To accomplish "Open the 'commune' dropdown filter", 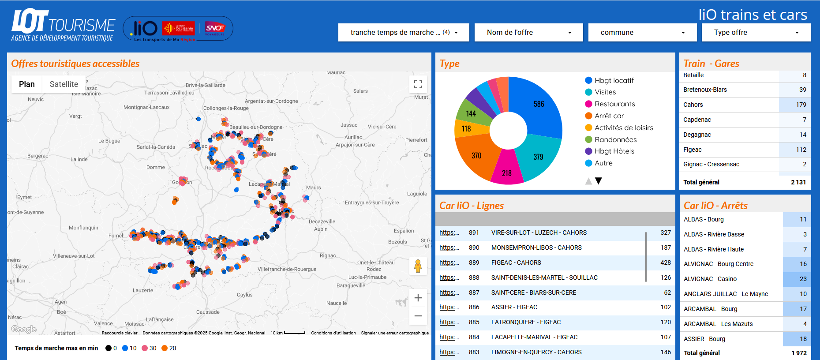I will pos(642,33).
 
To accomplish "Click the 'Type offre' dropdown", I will pos(756,33).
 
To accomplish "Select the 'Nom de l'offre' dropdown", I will pos(528,33).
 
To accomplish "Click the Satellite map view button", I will pos(64,84).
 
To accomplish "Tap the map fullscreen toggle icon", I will pos(418,84).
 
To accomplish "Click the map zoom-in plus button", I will pos(418,298).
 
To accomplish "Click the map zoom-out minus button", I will pos(418,316).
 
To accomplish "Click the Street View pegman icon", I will pos(418,266).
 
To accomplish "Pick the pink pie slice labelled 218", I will pos(507,170).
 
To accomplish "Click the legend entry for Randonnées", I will pos(615,140).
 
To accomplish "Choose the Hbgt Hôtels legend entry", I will pos(614,151).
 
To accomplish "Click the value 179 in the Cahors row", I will pos(801,105).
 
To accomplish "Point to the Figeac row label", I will pos(692,150).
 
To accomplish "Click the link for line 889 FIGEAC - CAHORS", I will pos(449,263).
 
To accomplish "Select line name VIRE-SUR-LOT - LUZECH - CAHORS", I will pos(539,233).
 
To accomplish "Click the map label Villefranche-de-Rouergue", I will pos(287,269).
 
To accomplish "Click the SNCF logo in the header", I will pos(215,28).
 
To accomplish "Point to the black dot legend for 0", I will pos(109,349).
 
